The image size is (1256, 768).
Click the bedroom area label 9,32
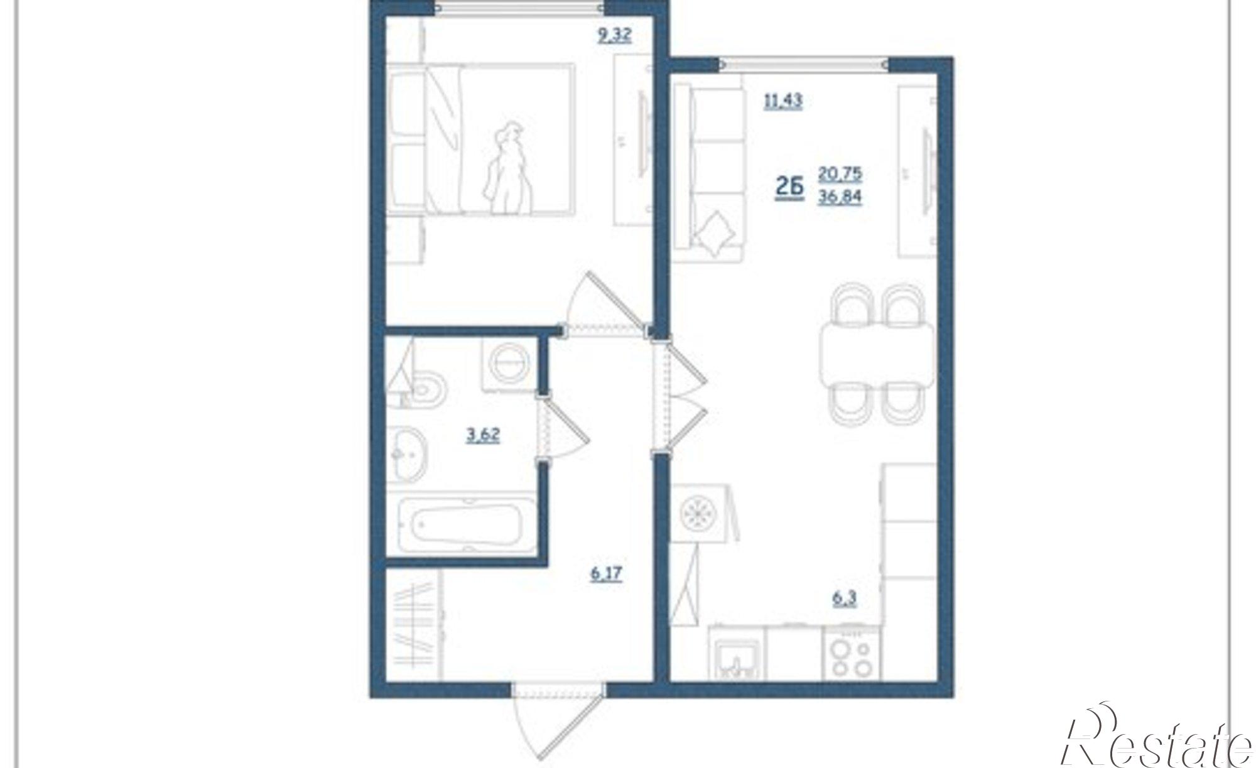point(615,35)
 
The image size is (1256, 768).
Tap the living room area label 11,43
point(783,100)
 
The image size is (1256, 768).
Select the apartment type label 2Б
point(789,187)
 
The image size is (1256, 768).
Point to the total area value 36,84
point(840,198)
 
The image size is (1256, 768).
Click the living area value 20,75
point(840,174)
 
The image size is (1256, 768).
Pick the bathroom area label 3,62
point(483,435)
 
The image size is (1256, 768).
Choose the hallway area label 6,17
point(606,574)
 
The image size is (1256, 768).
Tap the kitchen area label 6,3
point(845,598)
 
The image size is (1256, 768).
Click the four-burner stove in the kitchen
point(851,652)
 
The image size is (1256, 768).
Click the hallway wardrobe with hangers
point(414,625)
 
